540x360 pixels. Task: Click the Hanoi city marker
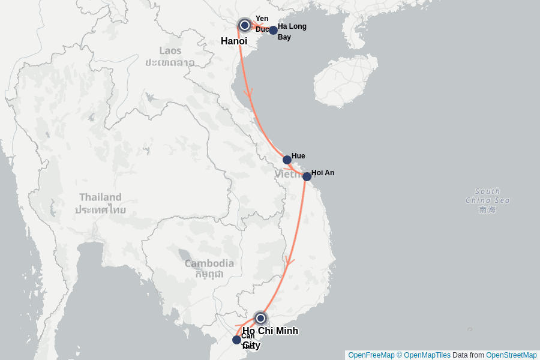[x=244, y=25]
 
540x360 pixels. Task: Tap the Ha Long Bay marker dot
[x=273, y=30]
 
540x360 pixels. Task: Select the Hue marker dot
[x=287, y=160]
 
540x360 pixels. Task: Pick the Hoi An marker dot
[x=307, y=176]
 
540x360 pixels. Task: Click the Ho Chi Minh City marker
[x=260, y=318]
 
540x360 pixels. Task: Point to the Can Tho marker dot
[x=236, y=340]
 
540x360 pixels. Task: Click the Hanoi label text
[x=234, y=41]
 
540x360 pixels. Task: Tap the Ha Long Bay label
[x=292, y=32]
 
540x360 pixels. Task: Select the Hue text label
[x=298, y=156]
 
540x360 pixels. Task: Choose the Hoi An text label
[x=323, y=173]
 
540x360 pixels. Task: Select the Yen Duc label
[x=262, y=23]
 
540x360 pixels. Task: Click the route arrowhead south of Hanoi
[x=248, y=93]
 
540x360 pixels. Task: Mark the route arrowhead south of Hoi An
[x=290, y=262]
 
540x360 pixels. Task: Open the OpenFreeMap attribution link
[x=371, y=355]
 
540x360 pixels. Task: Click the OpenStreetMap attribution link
[x=511, y=355]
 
